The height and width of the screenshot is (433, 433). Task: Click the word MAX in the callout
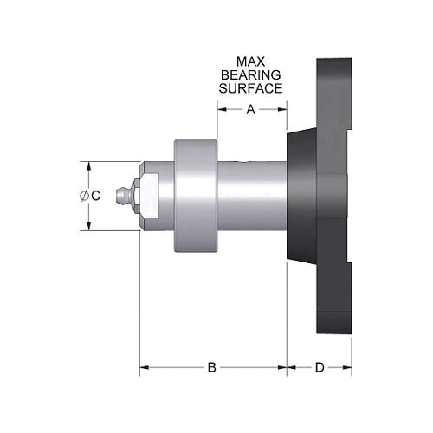(x=251, y=62)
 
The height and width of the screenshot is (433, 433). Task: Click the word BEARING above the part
(x=251, y=75)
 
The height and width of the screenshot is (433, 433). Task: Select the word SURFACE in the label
(x=251, y=88)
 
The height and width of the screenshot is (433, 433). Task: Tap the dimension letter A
(x=251, y=109)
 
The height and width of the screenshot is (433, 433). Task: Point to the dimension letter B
(x=211, y=368)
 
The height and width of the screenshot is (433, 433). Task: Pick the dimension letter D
(x=320, y=368)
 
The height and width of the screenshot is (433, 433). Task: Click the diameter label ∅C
(x=90, y=197)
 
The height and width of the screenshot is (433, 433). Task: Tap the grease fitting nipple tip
(x=123, y=196)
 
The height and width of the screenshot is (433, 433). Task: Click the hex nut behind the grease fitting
(x=148, y=196)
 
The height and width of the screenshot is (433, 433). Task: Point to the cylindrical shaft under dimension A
(x=251, y=196)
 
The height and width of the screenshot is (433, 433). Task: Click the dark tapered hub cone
(x=302, y=196)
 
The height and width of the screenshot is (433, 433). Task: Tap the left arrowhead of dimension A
(x=220, y=109)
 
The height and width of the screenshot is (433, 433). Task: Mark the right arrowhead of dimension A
(x=282, y=109)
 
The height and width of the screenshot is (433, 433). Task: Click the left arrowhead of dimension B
(x=144, y=368)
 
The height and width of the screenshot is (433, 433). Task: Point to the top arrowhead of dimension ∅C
(x=88, y=164)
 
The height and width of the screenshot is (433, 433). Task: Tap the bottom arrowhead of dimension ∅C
(x=88, y=228)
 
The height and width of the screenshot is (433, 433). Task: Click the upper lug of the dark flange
(x=335, y=87)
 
